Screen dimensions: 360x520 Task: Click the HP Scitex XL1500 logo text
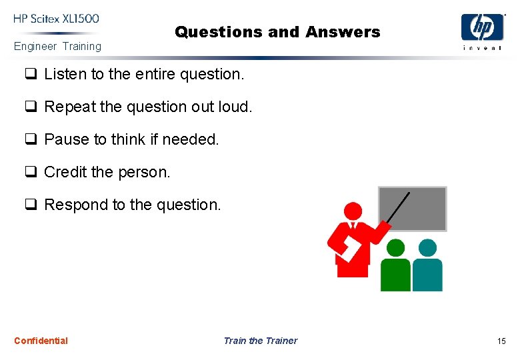pos(56,19)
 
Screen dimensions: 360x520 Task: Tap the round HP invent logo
pos(483,27)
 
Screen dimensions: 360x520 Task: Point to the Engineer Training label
pos(58,47)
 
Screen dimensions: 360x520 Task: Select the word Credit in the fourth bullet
pos(65,172)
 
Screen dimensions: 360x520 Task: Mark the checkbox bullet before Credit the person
pos(30,172)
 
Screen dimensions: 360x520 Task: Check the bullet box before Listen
pos(30,75)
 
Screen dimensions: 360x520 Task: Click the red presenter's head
pos(353,213)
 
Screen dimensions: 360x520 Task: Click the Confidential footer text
pos(41,341)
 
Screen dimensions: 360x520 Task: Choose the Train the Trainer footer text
pos(260,341)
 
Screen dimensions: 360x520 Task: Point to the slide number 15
pos(501,341)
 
